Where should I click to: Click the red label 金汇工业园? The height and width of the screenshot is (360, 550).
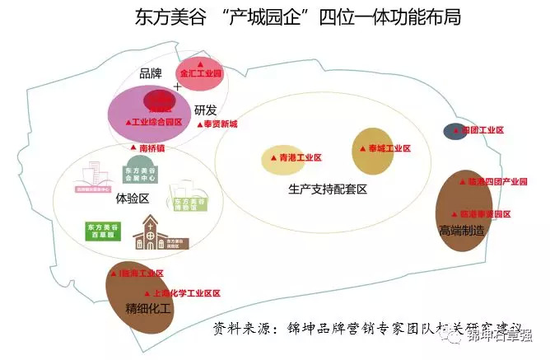(x=202, y=73)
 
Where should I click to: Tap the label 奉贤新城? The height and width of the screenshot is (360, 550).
(x=217, y=124)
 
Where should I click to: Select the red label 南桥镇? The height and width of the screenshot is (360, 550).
(x=148, y=148)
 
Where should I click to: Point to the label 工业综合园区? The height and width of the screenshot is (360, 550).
(x=153, y=121)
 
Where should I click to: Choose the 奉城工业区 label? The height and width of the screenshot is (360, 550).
(x=384, y=148)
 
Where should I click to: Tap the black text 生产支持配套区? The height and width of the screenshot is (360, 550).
(x=327, y=189)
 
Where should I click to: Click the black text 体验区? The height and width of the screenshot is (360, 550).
(x=132, y=199)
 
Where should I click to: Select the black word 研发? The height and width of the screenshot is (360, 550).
(x=205, y=110)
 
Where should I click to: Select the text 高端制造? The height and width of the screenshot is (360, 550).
(x=461, y=231)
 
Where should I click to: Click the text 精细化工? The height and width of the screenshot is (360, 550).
(x=147, y=309)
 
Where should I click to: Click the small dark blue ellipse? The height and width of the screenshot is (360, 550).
(x=454, y=130)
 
